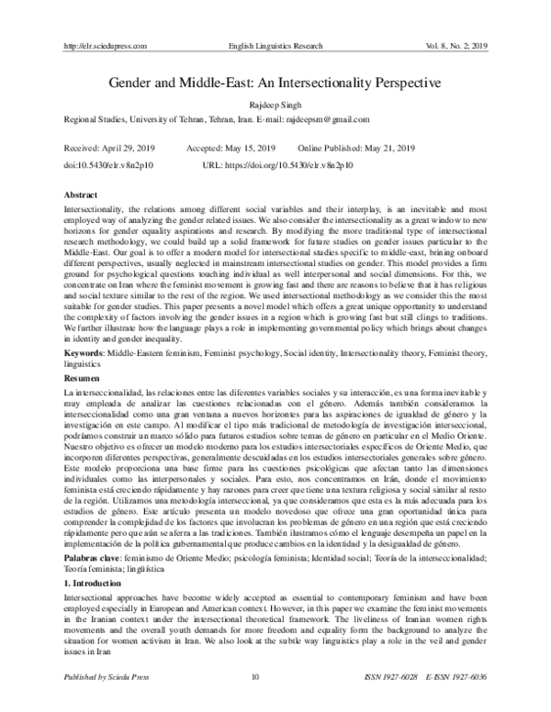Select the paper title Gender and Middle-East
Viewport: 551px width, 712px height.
coord(275,82)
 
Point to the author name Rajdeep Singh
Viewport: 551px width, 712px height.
coord(275,106)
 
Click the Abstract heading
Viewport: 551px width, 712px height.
coord(84,196)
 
